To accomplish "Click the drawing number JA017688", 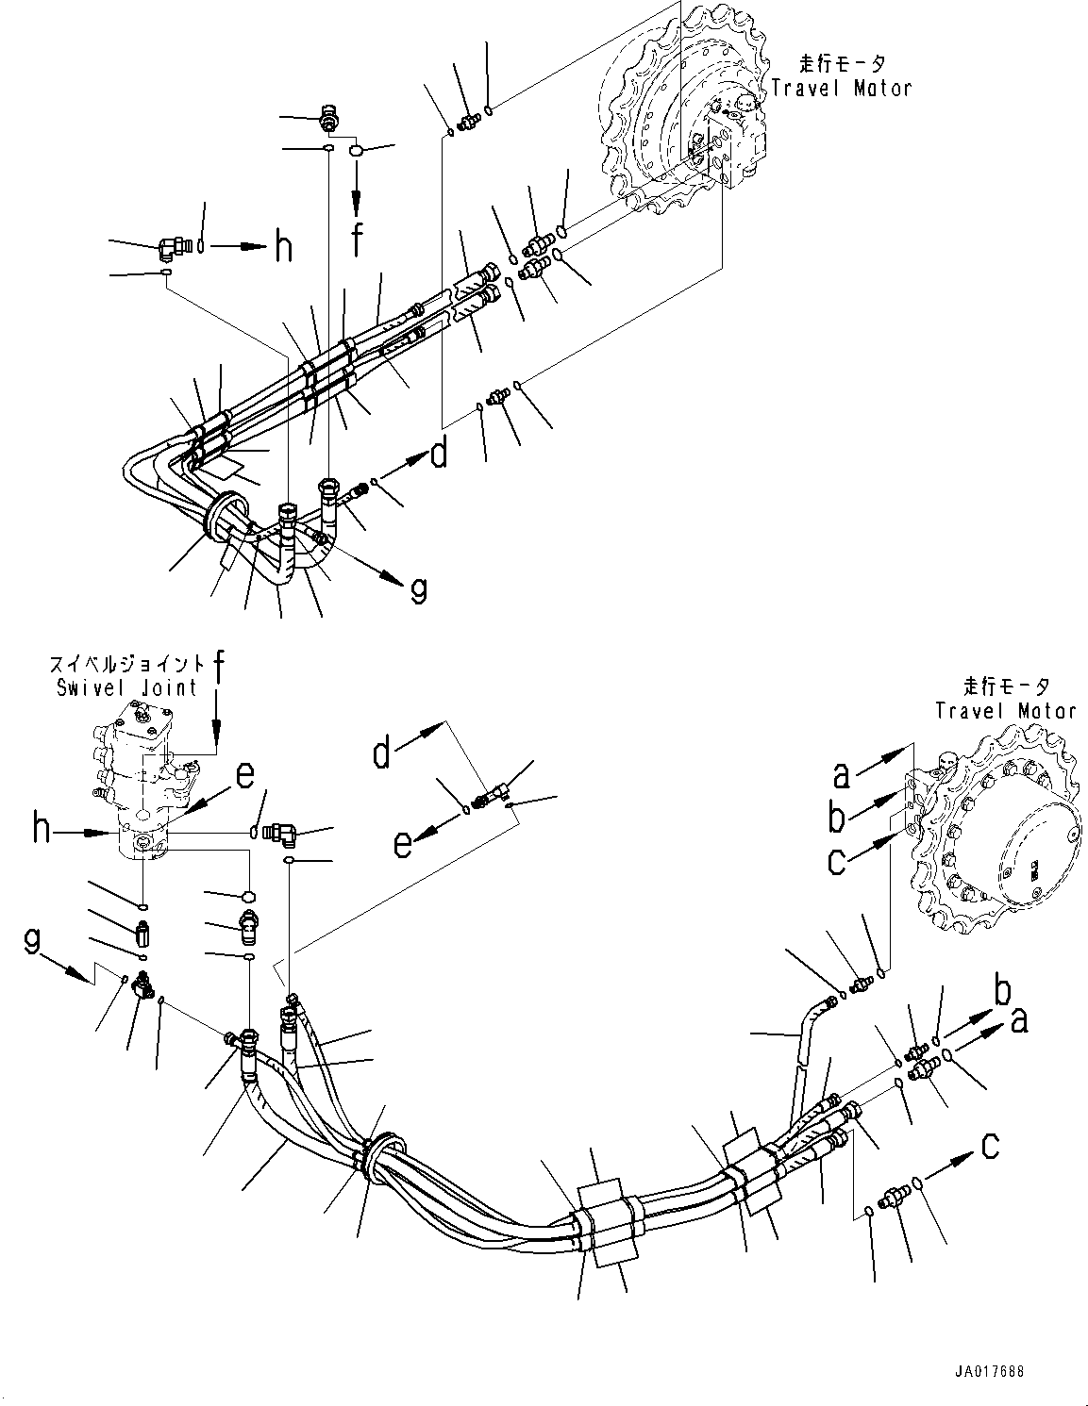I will click(x=986, y=1371).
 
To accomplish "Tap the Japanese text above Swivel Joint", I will click(x=126, y=664).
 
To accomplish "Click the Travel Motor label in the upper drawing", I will click(x=842, y=88).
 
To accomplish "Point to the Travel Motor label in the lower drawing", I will click(x=1005, y=710).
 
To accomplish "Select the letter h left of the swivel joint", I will click(x=42, y=830).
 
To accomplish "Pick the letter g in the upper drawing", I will click(x=416, y=589).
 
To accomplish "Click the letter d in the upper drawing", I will click(x=439, y=455).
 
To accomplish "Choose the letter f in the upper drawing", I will click(x=357, y=240).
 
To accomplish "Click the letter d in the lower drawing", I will click(x=382, y=753).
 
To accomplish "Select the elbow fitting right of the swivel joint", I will click(x=281, y=832).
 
